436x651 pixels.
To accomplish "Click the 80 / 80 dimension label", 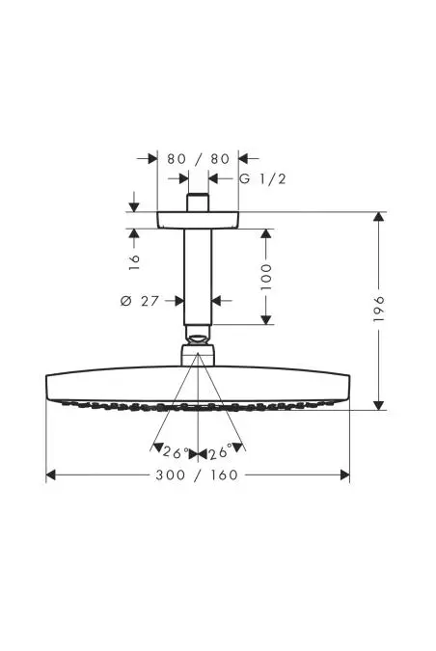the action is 198,159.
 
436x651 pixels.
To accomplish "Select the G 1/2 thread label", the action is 262,179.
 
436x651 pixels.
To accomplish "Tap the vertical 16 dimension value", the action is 134,262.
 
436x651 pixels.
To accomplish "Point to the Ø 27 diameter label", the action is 140,301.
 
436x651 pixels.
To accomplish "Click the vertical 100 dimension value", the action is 266,277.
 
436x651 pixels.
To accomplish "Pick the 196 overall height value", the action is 379,309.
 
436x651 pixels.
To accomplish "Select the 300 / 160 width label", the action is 197,475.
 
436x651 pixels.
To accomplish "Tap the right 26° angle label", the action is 220,452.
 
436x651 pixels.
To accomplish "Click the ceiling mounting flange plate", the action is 198,220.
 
